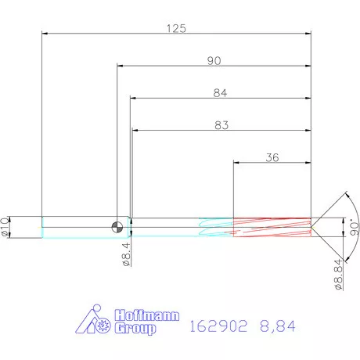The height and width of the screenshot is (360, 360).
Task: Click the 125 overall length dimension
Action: click(x=176, y=28)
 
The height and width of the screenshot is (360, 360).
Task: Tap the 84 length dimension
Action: click(x=220, y=93)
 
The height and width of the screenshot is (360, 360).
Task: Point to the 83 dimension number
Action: click(x=221, y=125)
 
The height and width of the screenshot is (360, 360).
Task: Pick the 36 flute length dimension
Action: click(x=272, y=157)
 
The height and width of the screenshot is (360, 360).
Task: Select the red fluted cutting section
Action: click(x=272, y=227)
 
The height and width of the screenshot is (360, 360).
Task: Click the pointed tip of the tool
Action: click(x=314, y=227)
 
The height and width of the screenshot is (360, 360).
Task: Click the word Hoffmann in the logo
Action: click(x=147, y=316)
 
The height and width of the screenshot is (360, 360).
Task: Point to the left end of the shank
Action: click(x=42, y=227)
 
